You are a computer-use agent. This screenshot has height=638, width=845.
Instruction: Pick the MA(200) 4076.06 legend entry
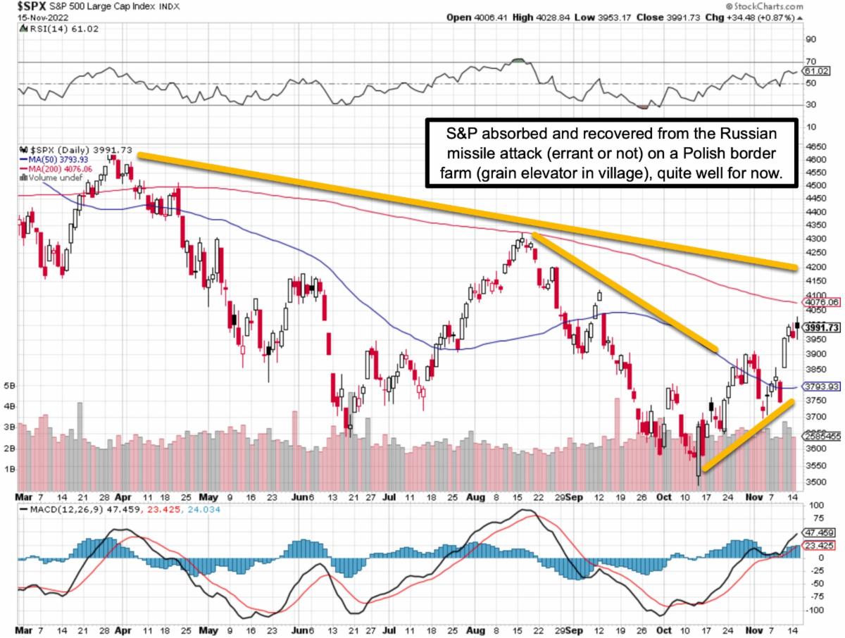(x=63, y=169)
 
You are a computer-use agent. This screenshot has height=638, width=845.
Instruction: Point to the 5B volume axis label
(x=10, y=386)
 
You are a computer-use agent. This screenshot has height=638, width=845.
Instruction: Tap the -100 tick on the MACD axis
(x=814, y=610)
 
